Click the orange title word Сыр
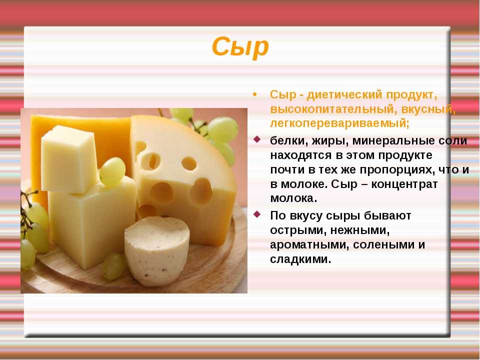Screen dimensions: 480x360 coord(240,47)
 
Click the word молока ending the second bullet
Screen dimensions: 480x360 coord(293,198)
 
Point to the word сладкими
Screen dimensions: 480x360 coord(300,259)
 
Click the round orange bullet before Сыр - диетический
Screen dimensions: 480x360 coord(255,94)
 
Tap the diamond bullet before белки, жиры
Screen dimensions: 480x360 coord(257,139)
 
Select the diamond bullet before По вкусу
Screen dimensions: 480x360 coord(257,214)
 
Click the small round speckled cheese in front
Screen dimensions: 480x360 coord(156,251)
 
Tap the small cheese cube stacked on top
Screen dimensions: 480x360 coord(69,159)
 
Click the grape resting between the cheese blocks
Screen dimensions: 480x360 coord(112,171)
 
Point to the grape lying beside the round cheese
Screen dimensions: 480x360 coord(113,266)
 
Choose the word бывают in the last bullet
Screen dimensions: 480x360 coord(387,216)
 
